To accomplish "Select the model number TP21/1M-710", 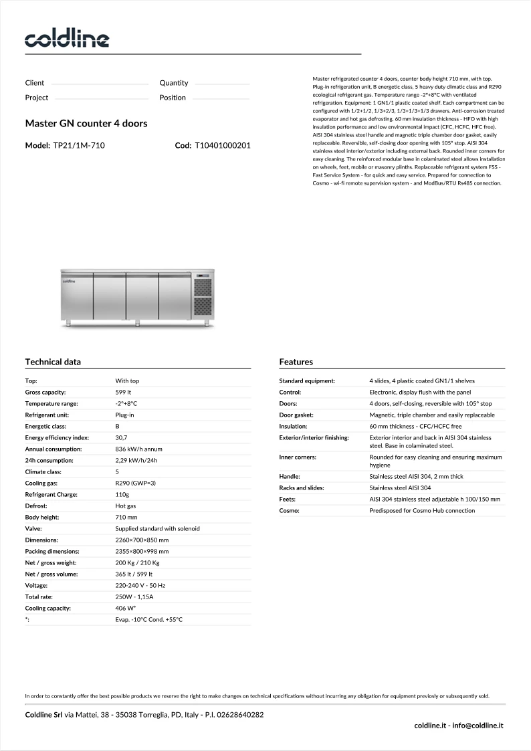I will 79,145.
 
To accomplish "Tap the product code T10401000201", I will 223,145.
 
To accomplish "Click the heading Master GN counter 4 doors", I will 86,124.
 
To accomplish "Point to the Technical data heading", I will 53,362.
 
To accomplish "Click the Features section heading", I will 296,362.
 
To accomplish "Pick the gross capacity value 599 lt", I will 123,393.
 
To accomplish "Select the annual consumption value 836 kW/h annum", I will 138,449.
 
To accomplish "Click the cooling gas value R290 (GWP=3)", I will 136,483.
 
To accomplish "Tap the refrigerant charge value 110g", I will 122,494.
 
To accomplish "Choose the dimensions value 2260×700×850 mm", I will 142,540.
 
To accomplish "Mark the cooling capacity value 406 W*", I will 126,609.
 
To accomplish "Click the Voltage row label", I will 37,585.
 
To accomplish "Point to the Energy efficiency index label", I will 57,437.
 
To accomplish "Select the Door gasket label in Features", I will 296,415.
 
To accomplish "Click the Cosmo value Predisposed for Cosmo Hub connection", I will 422,511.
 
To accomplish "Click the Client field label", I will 35,83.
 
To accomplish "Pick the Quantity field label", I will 174,83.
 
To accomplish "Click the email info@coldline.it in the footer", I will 479,725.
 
